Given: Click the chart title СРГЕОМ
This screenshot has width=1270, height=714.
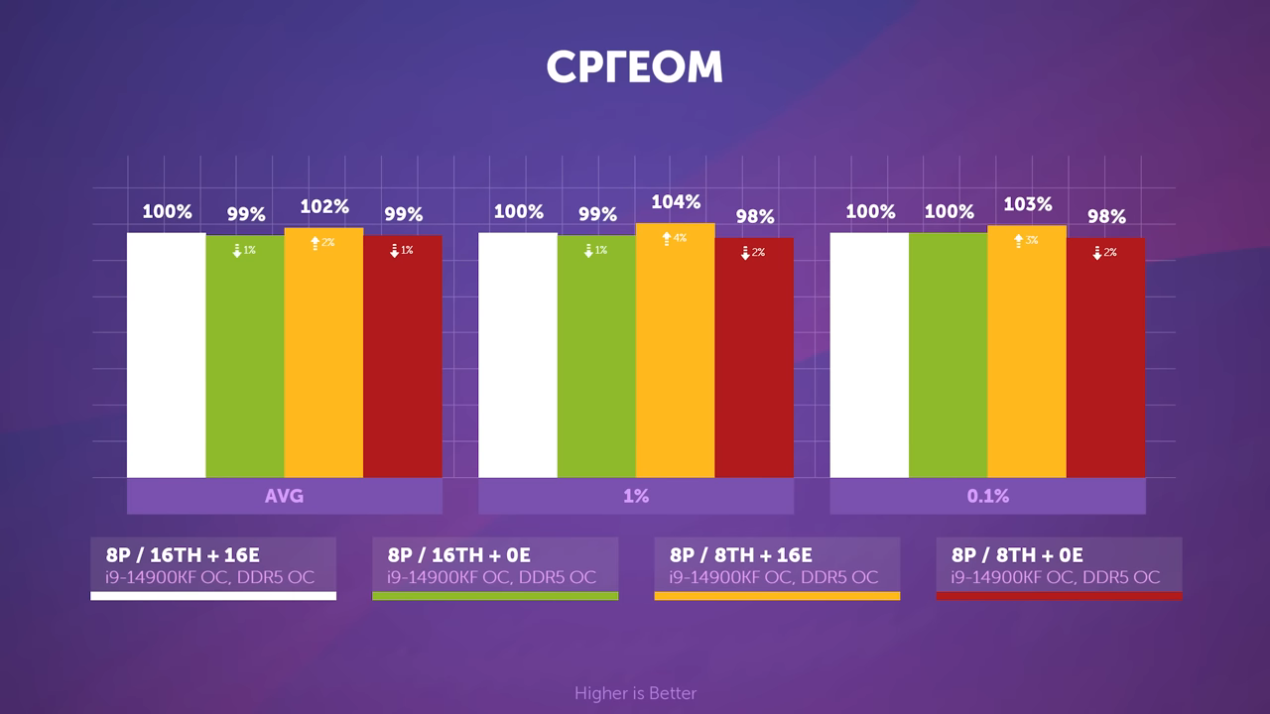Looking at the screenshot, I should click(634, 67).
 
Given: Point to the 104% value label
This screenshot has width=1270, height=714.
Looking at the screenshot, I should click(676, 202).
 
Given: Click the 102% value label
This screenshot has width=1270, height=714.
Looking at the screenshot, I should click(323, 207).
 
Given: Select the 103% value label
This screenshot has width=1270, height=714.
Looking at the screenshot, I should click(1027, 204).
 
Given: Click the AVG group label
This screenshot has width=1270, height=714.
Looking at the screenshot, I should click(284, 496).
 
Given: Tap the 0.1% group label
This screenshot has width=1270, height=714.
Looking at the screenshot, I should click(987, 496).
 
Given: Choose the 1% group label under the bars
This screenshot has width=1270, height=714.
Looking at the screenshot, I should click(636, 496).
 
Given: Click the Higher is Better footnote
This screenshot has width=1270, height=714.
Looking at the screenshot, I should click(635, 693).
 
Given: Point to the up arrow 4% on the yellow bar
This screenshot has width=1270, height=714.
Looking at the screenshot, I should click(675, 239).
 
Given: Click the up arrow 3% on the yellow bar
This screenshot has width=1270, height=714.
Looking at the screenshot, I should click(1026, 241).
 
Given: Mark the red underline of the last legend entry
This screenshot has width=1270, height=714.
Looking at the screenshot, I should click(1059, 596).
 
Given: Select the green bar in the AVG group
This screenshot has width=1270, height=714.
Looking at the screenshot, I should click(244, 357).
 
